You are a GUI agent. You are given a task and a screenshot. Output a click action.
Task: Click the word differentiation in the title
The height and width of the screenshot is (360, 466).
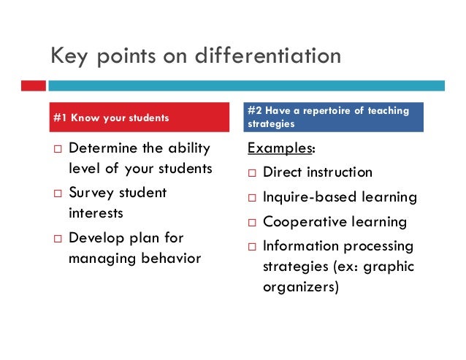click(270, 55)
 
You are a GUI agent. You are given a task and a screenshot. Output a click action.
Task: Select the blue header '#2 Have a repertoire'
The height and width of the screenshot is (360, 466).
click(335, 117)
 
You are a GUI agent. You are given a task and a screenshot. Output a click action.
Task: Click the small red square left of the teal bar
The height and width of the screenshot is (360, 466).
click(33, 85)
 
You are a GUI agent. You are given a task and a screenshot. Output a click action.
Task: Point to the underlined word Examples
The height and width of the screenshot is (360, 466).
click(280, 148)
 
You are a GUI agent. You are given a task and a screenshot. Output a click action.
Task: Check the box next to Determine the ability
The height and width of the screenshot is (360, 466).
click(56, 149)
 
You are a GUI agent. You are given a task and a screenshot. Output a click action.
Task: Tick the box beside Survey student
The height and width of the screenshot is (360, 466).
click(56, 194)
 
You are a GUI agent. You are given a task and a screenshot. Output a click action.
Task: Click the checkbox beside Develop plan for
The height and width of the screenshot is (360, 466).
click(56, 238)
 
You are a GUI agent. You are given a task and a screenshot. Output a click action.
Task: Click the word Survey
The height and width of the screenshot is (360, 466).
click(91, 193)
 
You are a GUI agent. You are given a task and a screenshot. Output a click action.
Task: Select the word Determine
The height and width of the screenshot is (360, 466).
click(102, 148)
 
